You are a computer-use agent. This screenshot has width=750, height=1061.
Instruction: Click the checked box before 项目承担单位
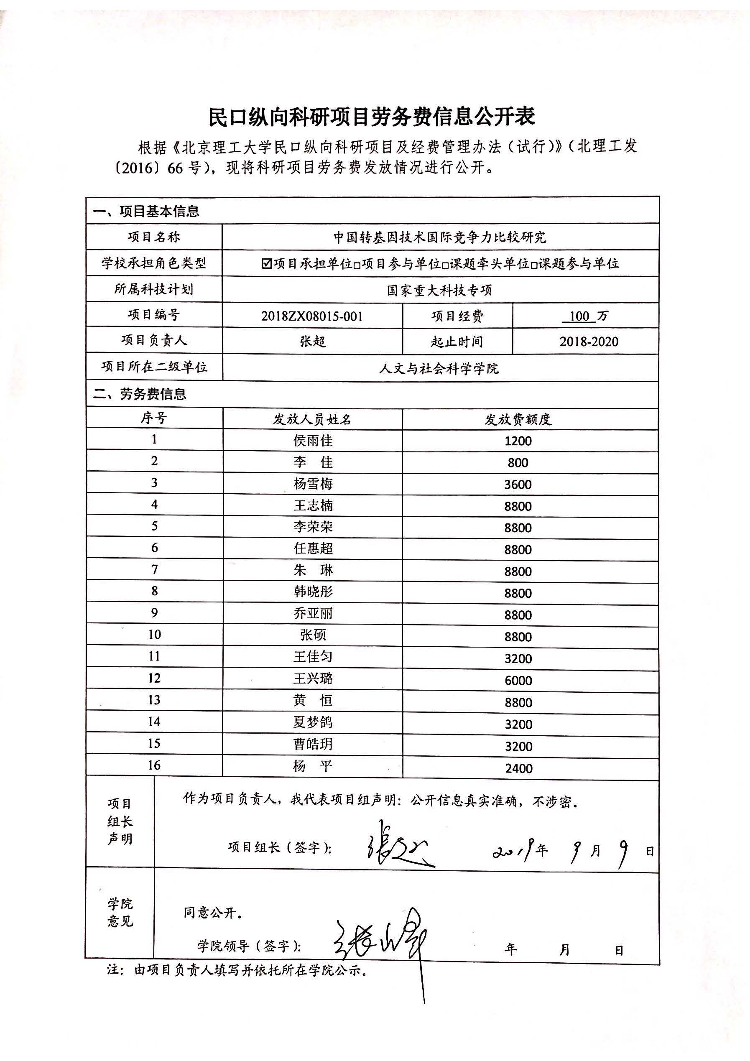click(x=266, y=263)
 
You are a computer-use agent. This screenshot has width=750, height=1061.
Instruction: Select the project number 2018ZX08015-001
click(x=312, y=316)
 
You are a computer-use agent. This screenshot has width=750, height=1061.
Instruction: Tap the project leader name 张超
click(x=313, y=342)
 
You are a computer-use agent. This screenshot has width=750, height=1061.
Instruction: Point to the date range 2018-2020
click(x=588, y=342)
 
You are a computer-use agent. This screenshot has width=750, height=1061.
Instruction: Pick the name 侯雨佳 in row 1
click(x=313, y=440)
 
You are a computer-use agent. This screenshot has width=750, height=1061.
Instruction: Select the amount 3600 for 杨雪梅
click(x=518, y=484)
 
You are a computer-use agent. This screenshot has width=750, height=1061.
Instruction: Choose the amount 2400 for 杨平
click(x=518, y=768)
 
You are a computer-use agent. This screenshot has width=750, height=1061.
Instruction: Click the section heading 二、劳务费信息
click(x=140, y=394)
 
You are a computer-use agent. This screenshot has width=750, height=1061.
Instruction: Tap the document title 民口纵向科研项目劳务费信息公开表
click(x=372, y=117)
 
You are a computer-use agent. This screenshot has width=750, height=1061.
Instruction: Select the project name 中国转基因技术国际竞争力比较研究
click(x=439, y=237)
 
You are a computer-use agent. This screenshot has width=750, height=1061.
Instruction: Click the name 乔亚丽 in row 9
click(x=313, y=613)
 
